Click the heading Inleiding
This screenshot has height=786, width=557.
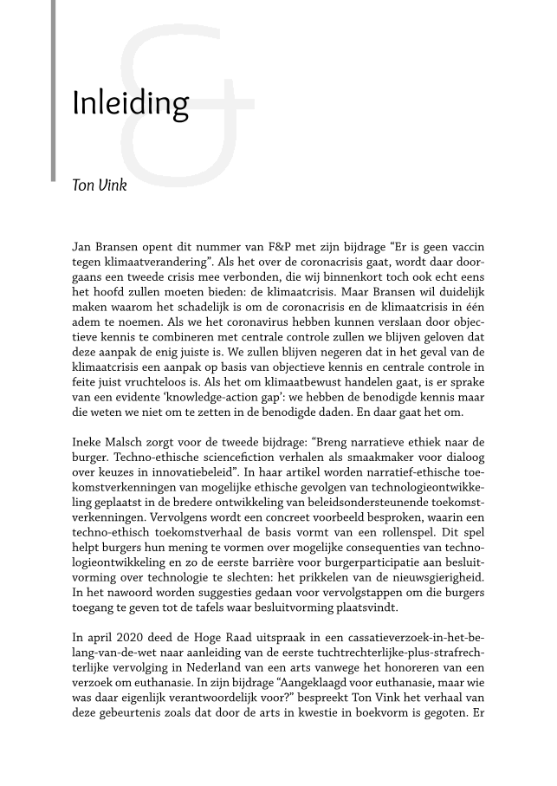(130, 104)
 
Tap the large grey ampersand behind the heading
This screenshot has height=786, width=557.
(186, 95)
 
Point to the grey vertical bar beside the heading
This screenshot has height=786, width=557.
(54, 91)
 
